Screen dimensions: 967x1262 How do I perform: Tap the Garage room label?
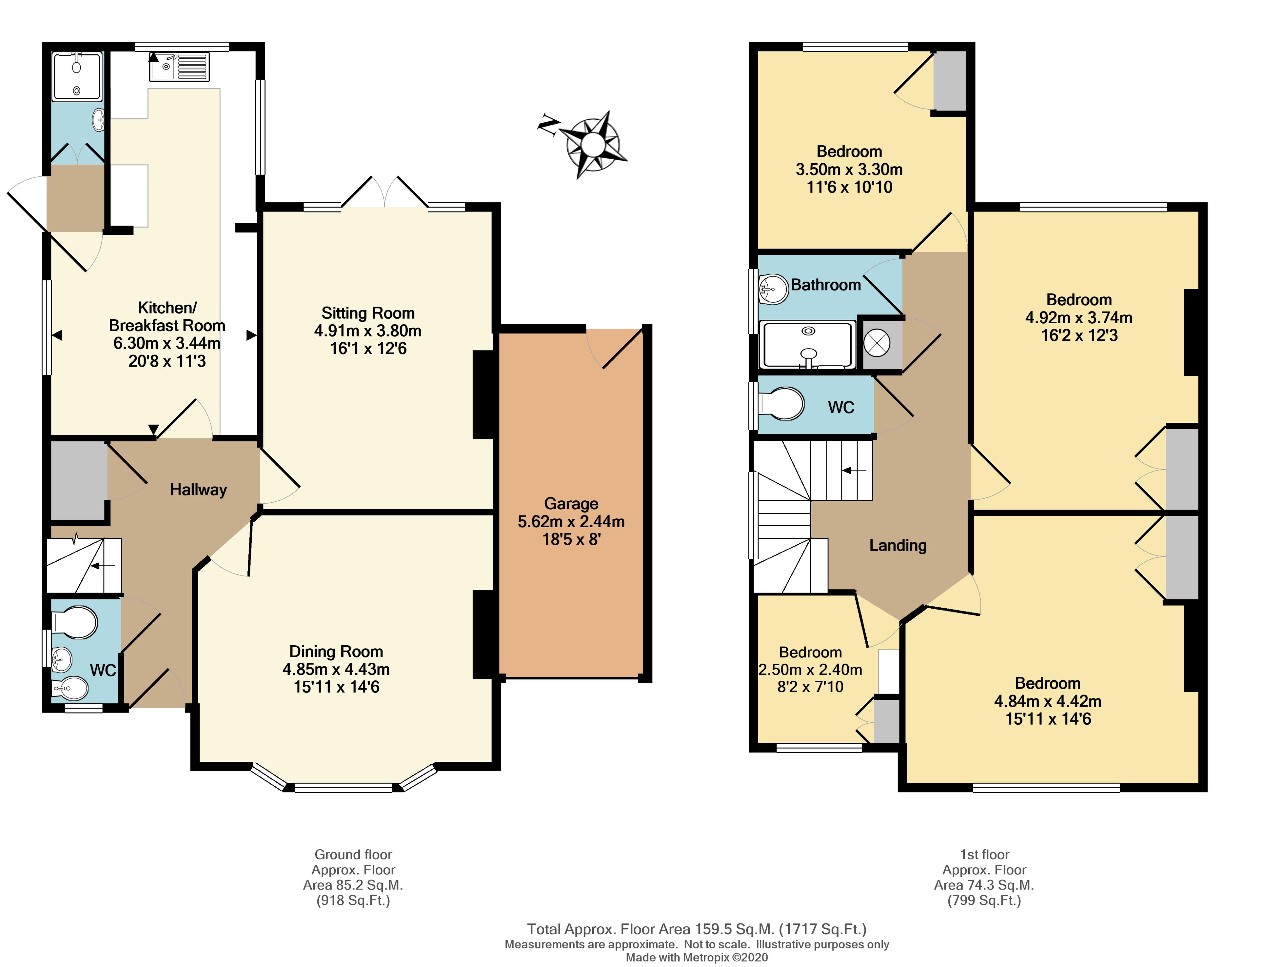click(571, 504)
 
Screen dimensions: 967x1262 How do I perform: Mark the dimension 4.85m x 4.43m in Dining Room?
click(336, 669)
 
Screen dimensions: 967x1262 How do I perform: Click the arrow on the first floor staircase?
click(854, 470)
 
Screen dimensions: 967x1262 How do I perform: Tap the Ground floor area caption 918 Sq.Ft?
click(353, 901)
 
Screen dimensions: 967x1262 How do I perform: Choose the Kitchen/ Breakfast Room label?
click(167, 317)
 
